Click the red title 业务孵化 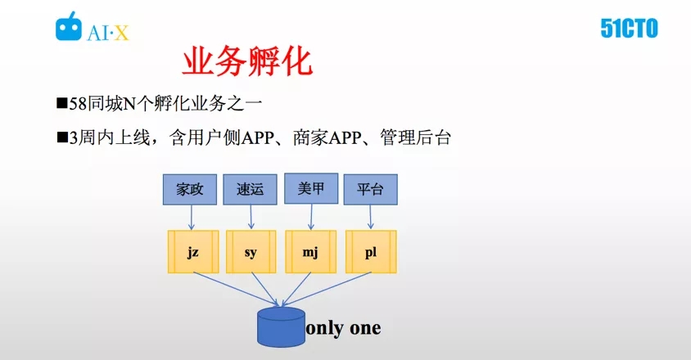point(247,61)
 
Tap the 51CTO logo point(629,29)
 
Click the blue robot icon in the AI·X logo point(68,26)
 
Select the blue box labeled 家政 point(189,190)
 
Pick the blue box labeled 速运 point(250,190)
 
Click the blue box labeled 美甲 point(311,189)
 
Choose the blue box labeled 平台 point(370,190)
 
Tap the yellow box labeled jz point(193,252)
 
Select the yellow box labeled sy point(251,252)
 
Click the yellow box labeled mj point(310,252)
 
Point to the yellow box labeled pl point(371,252)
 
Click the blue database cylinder point(281,327)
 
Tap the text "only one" point(343,328)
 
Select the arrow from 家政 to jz point(192,218)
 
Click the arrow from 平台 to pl point(370,217)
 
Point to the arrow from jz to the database point(236,289)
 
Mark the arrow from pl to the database point(327,289)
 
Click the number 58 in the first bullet point(78,104)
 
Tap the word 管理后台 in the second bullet point(416,137)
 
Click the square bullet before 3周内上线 point(62,138)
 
